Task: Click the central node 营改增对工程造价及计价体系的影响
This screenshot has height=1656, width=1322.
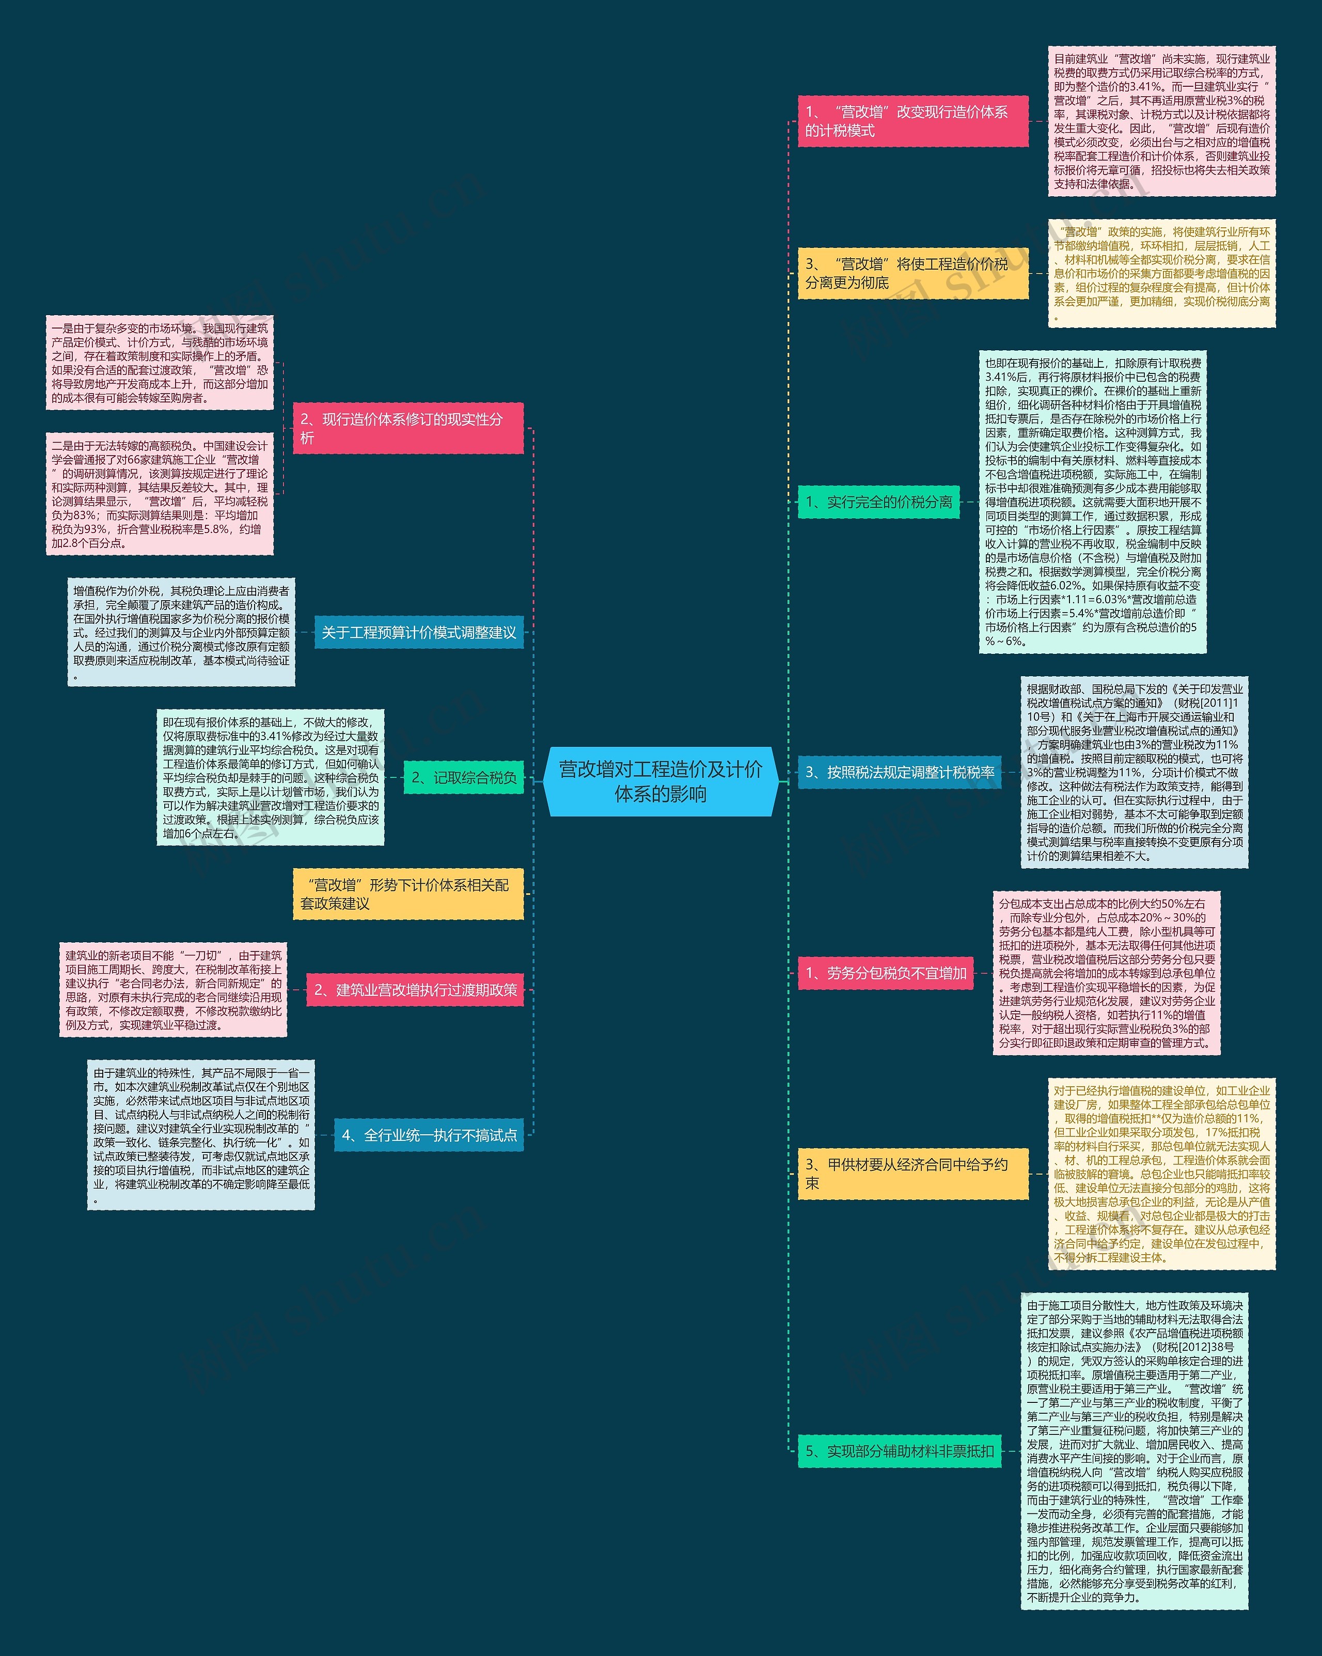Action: pos(660,781)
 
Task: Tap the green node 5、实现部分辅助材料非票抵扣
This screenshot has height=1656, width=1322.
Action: pos(899,1451)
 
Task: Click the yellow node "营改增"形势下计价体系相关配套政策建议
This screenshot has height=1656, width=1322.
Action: pos(407,894)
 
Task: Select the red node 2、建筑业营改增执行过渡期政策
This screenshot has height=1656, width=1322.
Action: pos(415,990)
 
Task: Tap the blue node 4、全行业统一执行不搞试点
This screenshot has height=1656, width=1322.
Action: pos(429,1135)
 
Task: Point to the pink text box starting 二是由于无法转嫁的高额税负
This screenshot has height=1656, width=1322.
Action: pos(160,494)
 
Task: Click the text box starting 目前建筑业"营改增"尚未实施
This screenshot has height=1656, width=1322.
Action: pos(1161,121)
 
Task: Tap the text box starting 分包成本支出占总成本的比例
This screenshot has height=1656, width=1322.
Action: pos(1106,973)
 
